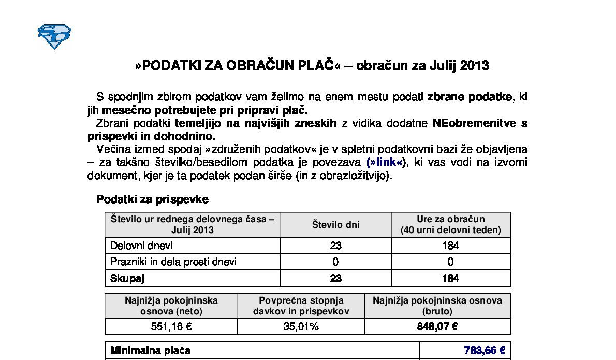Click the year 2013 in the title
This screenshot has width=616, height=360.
point(474,66)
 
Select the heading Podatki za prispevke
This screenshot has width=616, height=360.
point(152,199)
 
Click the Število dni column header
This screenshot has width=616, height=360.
point(335,224)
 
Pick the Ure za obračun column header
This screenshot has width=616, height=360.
point(450,224)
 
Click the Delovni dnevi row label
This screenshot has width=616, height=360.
point(141,246)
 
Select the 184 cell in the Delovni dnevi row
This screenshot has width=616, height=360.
point(450,246)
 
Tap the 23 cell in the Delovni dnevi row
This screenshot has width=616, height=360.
point(335,246)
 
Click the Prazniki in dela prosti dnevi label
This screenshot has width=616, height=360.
point(173,262)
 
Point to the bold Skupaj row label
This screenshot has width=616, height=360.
point(127,278)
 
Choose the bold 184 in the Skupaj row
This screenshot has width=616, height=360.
point(450,278)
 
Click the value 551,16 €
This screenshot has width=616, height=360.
point(171,326)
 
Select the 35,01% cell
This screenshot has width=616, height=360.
point(301,326)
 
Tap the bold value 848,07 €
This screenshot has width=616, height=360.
point(437,326)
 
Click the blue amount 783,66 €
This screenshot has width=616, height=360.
point(485,351)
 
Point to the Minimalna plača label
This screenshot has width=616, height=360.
point(150,351)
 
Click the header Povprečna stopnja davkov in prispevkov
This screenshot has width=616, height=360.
point(301,306)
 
